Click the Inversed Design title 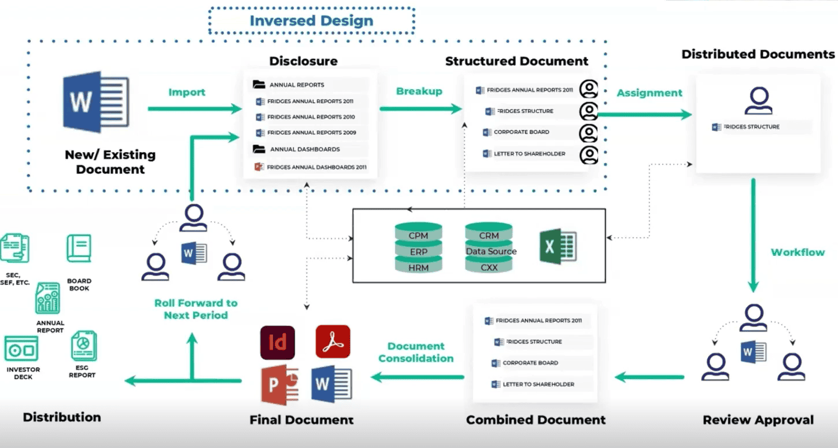point(311,21)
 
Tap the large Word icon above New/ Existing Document point(96,102)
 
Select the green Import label point(187,92)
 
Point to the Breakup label point(419,91)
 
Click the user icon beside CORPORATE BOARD point(589,133)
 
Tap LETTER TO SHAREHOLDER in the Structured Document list point(529,153)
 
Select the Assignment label point(649,93)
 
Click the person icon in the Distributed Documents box point(758,101)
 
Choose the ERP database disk point(418,252)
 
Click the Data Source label point(491,251)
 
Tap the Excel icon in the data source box point(558,246)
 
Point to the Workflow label point(798,252)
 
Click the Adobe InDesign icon point(278,343)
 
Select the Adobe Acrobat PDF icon point(333,341)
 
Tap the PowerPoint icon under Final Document point(279,385)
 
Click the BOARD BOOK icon point(79,248)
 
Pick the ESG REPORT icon point(84,346)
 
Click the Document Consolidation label point(416,352)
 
